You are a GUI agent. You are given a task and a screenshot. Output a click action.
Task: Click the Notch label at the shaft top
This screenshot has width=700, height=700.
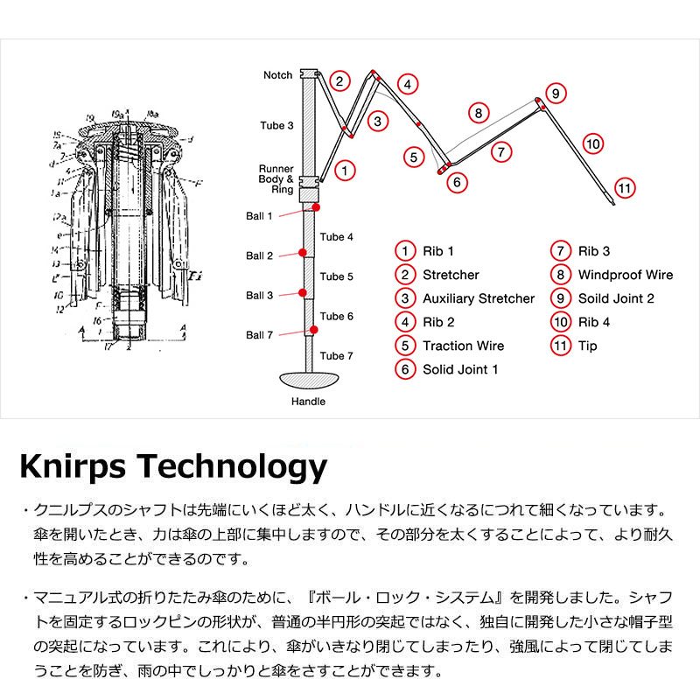pos(278,75)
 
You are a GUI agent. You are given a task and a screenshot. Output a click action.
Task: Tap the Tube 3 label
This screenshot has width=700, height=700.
pos(276,126)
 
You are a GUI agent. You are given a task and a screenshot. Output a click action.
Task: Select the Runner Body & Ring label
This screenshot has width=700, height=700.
pos(276,178)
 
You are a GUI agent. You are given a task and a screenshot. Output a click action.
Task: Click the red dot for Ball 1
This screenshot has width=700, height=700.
pos(315,207)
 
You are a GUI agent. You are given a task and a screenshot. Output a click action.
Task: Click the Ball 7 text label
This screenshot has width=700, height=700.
pos(260,335)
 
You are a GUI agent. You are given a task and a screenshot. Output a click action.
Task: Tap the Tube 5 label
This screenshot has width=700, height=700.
pos(337,277)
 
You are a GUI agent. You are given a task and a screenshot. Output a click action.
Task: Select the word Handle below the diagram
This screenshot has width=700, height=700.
pos(307,402)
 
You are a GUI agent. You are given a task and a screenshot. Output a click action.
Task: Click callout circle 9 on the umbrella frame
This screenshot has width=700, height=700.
pos(556,93)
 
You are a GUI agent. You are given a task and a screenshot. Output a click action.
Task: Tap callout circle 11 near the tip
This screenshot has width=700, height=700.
pos(624,188)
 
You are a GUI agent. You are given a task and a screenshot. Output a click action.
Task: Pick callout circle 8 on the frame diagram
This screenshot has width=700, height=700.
pos(478,113)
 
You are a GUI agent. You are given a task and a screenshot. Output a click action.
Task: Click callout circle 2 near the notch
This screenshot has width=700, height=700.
pos(340,81)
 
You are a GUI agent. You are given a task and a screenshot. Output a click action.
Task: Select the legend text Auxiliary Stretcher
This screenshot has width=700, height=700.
pos(478,298)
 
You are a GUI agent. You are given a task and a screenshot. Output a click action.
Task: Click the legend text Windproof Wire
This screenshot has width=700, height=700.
pos(625,275)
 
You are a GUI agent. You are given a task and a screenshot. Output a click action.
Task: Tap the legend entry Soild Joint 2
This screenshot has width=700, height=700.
pos(616,298)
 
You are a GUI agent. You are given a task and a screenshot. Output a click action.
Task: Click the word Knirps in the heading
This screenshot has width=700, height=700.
pos(74,465)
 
